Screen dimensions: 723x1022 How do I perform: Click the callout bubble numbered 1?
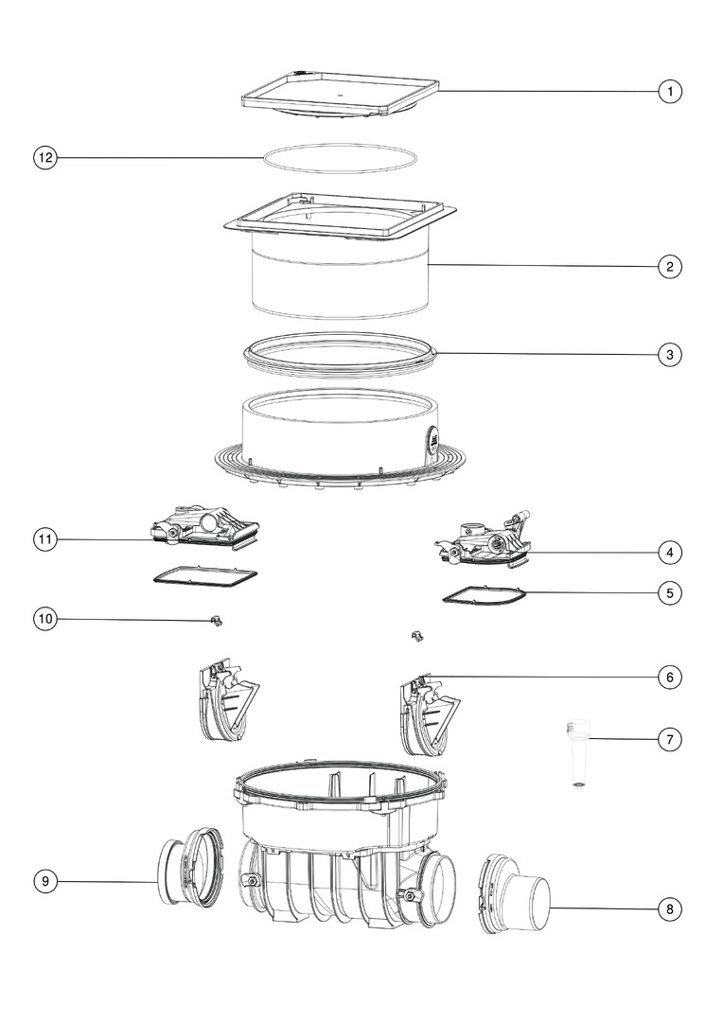pos(670,91)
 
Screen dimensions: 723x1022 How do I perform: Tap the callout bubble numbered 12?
pos(45,158)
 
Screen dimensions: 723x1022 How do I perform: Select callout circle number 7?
pos(670,740)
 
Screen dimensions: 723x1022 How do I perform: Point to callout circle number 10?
pos(45,619)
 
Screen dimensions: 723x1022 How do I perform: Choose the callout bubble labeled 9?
pos(45,882)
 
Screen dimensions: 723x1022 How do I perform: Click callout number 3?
pos(670,355)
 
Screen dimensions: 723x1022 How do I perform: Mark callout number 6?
pos(670,678)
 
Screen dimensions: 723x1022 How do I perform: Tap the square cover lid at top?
pos(340,96)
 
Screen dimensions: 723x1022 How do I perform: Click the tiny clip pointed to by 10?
pos(217,621)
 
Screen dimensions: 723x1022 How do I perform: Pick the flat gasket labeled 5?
pos(483,596)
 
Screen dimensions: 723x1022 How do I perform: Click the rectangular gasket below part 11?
pos(204,575)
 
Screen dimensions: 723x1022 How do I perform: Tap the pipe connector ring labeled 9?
pos(190,866)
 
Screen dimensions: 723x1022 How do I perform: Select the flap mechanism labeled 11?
pos(206,527)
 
